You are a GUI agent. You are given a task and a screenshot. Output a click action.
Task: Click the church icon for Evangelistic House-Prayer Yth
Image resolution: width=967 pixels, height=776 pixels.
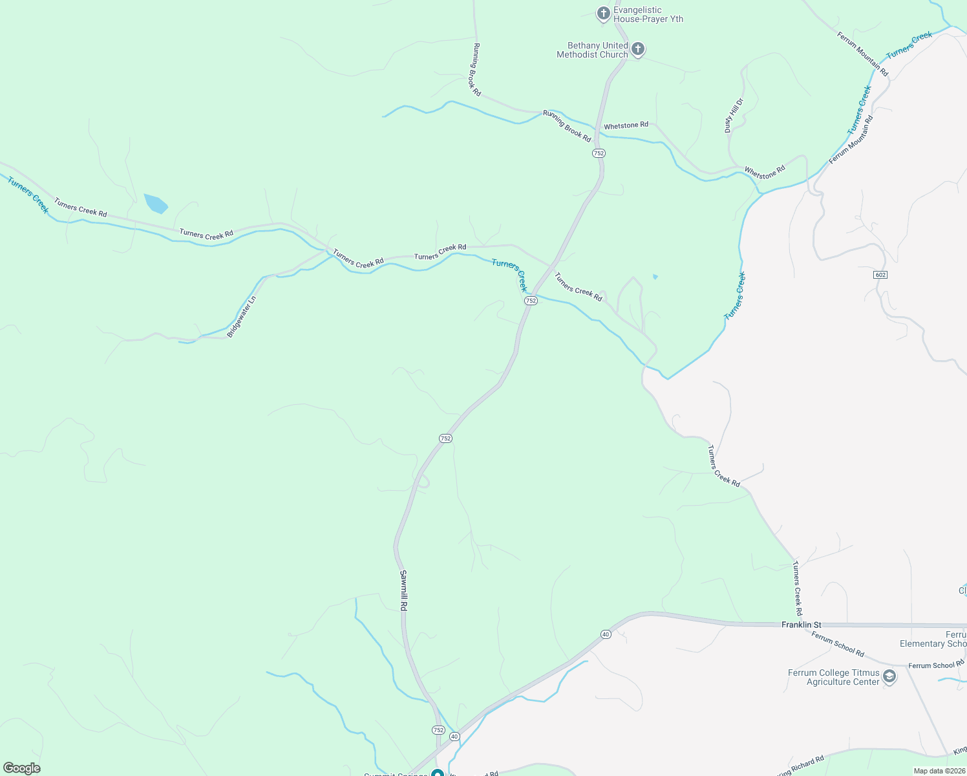(x=603, y=14)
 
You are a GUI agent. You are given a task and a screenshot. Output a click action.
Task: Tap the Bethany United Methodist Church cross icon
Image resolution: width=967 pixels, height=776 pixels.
(x=638, y=50)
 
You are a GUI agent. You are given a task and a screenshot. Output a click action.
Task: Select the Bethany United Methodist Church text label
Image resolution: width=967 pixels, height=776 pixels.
(x=592, y=50)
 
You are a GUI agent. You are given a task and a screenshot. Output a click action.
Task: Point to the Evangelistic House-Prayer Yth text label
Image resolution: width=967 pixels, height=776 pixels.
(x=648, y=14)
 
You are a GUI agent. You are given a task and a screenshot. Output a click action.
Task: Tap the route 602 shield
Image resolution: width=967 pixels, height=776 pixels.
(x=880, y=275)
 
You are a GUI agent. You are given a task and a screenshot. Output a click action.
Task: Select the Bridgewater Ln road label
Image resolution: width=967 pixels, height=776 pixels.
(x=242, y=317)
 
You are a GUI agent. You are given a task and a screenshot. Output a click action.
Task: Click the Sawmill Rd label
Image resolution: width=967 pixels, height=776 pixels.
(x=403, y=590)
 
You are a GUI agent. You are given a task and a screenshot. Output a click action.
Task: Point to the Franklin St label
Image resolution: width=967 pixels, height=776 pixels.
(x=801, y=625)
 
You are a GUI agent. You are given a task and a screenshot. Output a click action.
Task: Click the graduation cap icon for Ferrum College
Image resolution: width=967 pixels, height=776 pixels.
(x=889, y=677)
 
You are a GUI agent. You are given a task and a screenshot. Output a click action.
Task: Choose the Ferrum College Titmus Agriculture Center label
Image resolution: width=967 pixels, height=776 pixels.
(x=833, y=677)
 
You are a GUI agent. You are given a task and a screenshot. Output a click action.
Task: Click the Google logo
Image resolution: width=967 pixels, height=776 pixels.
(x=21, y=768)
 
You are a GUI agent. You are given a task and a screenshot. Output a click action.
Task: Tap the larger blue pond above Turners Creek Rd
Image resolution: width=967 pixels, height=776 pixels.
(x=156, y=203)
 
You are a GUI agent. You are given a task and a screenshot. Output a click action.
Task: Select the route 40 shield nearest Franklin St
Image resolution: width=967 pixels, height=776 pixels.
(x=605, y=634)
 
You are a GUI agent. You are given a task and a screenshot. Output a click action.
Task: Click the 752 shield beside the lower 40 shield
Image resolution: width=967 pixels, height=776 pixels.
(x=438, y=730)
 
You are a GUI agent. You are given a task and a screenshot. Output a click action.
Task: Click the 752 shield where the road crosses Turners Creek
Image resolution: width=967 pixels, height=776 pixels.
(x=531, y=301)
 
